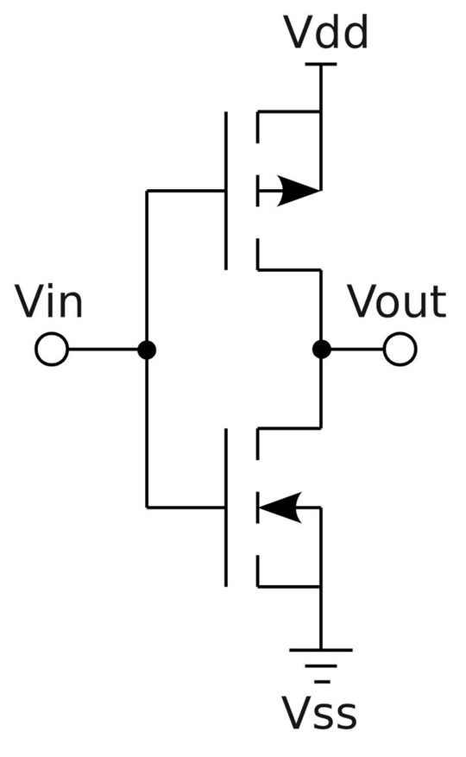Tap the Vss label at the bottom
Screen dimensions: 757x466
point(320,712)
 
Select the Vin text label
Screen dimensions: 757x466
point(49,304)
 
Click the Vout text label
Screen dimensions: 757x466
point(396,303)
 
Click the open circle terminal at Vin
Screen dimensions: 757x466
point(51,350)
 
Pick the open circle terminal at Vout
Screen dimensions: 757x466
point(400,350)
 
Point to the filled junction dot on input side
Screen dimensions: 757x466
point(147,350)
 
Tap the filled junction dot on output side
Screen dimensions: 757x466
point(321,350)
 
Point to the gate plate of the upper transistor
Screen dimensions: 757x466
point(226,190)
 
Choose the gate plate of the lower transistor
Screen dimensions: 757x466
point(226,508)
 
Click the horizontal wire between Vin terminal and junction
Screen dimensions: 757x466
point(104,350)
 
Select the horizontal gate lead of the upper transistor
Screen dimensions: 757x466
point(186,190)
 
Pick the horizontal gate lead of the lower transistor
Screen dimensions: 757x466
point(186,508)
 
